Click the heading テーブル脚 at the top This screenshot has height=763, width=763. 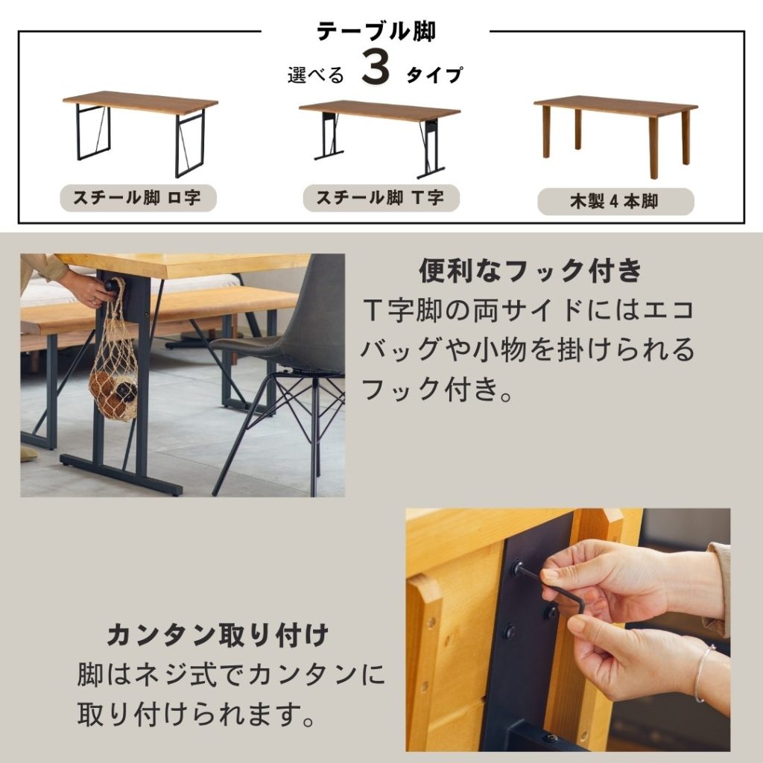click(376, 31)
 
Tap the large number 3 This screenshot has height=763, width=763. click(376, 69)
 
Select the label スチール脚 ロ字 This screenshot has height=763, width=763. click(138, 198)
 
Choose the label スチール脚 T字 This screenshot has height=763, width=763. click(381, 197)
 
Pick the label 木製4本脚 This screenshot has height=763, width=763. click(615, 201)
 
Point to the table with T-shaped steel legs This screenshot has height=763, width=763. click(379, 138)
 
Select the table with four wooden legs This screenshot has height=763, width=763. click(615, 136)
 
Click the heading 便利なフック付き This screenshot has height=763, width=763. click(531, 270)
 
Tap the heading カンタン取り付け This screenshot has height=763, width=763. click(218, 635)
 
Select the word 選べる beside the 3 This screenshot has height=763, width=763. click(315, 75)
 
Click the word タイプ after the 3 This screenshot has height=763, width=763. click(434, 75)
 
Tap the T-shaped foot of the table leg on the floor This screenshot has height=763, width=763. click(121, 475)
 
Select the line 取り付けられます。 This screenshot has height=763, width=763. click(196, 714)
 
